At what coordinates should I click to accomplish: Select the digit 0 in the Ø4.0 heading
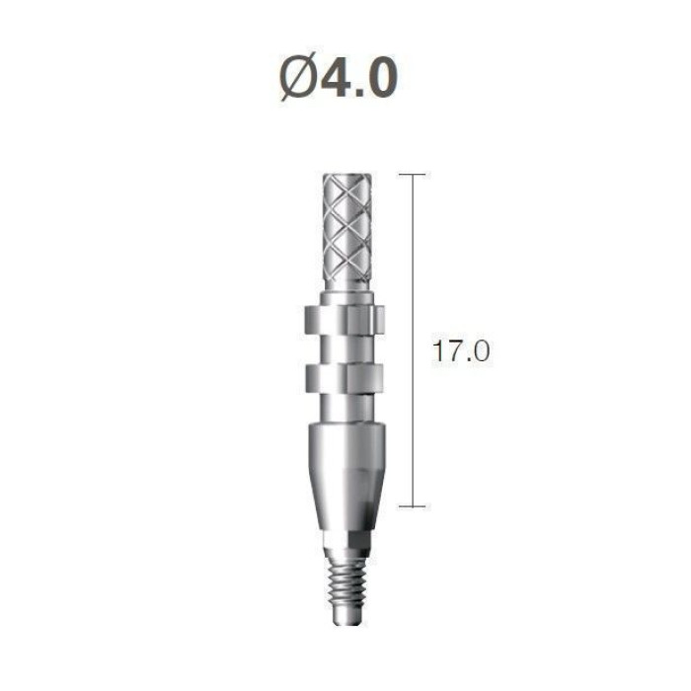(381, 78)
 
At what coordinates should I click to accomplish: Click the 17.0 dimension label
(461, 351)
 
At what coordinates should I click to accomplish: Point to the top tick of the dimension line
(413, 175)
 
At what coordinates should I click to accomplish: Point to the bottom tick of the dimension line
(413, 506)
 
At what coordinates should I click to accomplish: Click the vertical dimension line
(413, 341)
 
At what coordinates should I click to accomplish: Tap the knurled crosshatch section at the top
(346, 228)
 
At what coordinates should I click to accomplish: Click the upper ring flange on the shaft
(345, 321)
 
